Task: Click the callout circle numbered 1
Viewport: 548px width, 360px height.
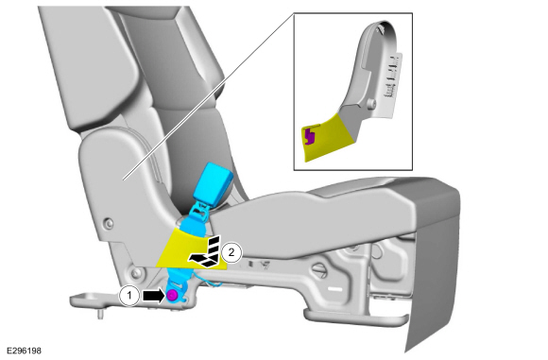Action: (x=129, y=296)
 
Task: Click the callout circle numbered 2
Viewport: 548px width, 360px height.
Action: (x=231, y=252)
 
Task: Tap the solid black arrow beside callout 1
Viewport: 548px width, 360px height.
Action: (x=153, y=296)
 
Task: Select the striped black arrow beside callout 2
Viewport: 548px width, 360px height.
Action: (x=206, y=252)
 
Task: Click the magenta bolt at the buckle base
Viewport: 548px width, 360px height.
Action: (x=172, y=296)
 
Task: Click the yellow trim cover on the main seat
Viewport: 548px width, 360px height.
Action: (x=192, y=249)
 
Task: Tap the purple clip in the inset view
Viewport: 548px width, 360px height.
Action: (x=309, y=136)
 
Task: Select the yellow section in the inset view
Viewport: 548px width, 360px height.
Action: (x=326, y=138)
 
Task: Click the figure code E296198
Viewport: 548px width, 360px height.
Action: (x=24, y=351)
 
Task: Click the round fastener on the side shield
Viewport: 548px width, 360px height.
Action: (x=109, y=223)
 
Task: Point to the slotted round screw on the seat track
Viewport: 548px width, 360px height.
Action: (x=318, y=270)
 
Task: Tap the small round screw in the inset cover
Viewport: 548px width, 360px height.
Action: (x=371, y=103)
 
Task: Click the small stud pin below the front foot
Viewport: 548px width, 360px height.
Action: (x=100, y=315)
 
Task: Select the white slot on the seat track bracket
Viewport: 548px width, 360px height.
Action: (x=335, y=289)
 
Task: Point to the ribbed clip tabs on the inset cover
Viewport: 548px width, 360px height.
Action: (x=392, y=76)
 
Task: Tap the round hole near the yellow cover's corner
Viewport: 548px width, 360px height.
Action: (x=136, y=273)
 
